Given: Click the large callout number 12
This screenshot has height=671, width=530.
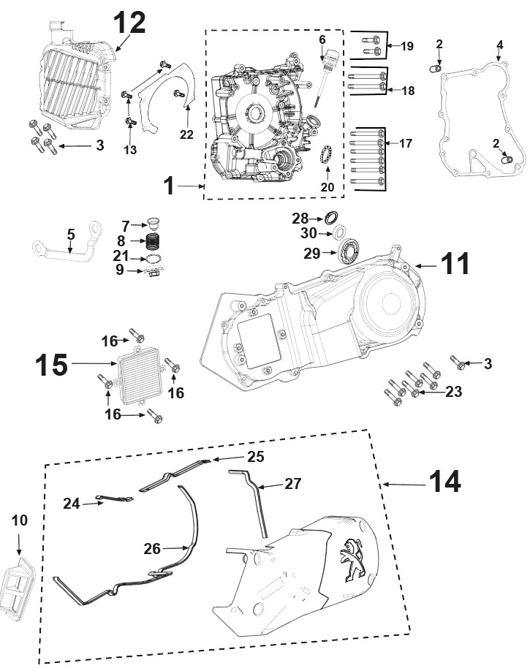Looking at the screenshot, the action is coord(129,23).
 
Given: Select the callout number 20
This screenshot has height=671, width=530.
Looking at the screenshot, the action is coord(328,186).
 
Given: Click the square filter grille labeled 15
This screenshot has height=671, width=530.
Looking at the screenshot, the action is coord(139,375).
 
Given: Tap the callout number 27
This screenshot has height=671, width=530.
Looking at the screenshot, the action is coord(293,484).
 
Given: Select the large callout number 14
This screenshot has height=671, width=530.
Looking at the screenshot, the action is coord(444,482).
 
